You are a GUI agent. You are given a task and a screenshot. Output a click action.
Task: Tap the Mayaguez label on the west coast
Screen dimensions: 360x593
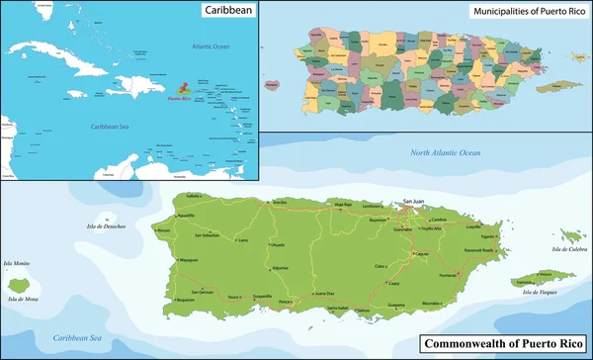(x=189, y=259)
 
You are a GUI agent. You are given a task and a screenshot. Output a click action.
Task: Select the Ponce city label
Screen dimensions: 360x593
(x=287, y=299)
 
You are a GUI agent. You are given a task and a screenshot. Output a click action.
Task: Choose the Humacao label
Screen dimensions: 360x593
(x=447, y=275)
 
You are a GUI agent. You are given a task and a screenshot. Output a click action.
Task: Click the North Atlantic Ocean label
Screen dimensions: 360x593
(x=445, y=152)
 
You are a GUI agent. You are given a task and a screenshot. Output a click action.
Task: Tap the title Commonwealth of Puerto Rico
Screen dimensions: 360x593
(x=504, y=344)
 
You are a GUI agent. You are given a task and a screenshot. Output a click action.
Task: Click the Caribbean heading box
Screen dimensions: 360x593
(x=227, y=11)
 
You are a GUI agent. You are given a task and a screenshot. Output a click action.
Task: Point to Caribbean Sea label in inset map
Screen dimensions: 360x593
(x=112, y=127)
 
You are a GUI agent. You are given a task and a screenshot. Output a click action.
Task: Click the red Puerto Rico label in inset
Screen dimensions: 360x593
(x=179, y=99)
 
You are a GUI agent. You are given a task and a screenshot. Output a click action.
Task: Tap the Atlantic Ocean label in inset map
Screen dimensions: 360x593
(x=210, y=46)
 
